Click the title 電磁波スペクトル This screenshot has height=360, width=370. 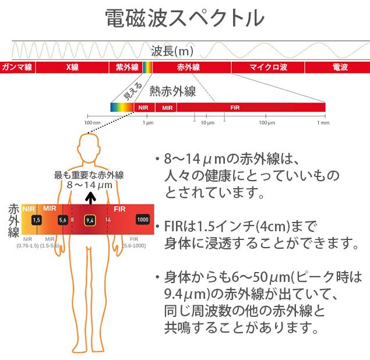(185, 18)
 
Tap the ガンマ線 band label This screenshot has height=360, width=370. (17, 67)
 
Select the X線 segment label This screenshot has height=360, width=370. (72, 67)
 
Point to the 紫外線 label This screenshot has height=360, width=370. (127, 67)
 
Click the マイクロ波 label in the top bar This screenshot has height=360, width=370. (268, 67)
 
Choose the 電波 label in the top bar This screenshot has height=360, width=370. (340, 67)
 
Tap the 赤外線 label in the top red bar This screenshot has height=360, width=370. (188, 67)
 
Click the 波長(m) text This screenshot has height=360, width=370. (172, 51)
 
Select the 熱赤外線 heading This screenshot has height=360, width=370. (172, 91)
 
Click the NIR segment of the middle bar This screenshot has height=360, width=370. (145, 108)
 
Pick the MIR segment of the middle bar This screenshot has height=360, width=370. (166, 108)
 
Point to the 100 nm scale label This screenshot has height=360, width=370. (92, 123)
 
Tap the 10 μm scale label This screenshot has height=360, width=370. (207, 123)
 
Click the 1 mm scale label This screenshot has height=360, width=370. (323, 123)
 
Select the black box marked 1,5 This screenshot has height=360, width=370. (37, 220)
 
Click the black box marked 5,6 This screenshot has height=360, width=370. (63, 220)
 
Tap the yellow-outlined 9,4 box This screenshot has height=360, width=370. (90, 221)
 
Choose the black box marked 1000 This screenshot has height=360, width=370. (143, 220)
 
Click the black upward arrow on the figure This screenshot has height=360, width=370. (90, 198)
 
